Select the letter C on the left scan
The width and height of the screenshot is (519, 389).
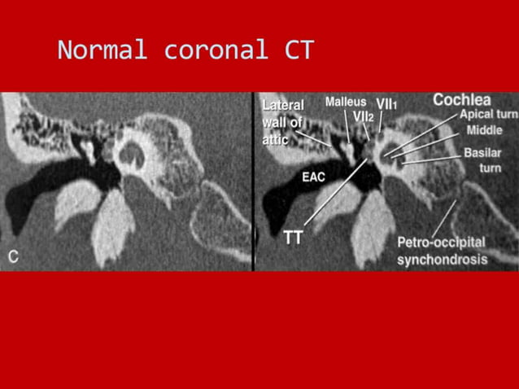tap(13, 257)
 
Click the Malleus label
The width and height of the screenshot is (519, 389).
tap(345, 102)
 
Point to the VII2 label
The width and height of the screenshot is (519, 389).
tap(363, 116)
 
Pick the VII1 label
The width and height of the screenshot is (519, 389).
tap(386, 104)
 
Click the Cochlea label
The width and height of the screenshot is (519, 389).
tap(461, 99)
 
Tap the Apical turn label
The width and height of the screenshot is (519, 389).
tap(488, 115)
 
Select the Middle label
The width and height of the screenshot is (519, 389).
tap(484, 130)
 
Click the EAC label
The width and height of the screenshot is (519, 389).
tap(314, 175)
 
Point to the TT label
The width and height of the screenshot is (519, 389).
tap(294, 238)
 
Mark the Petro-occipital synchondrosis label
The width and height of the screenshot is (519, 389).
tap(442, 251)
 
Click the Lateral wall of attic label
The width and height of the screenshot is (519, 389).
tap(283, 122)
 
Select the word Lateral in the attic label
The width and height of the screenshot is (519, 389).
tap(283, 105)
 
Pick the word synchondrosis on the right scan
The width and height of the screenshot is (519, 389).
tap(442, 260)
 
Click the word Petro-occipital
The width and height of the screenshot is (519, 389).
tap(441, 243)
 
